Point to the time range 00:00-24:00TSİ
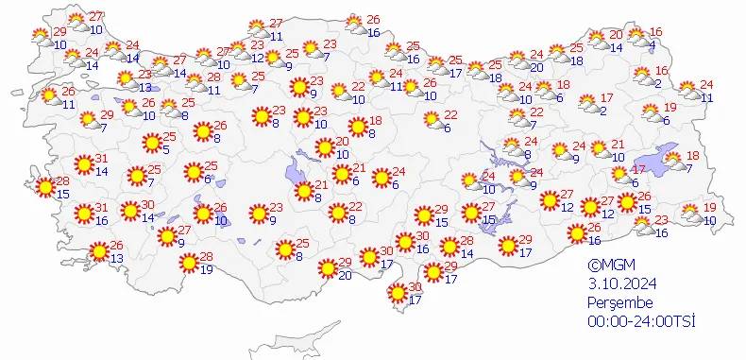(640, 321)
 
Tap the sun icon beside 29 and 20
(327, 268)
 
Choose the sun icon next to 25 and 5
(150, 144)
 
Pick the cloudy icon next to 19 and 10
(690, 214)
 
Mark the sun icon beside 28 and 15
(43, 186)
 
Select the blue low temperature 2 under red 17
(602, 111)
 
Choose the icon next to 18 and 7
(672, 161)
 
